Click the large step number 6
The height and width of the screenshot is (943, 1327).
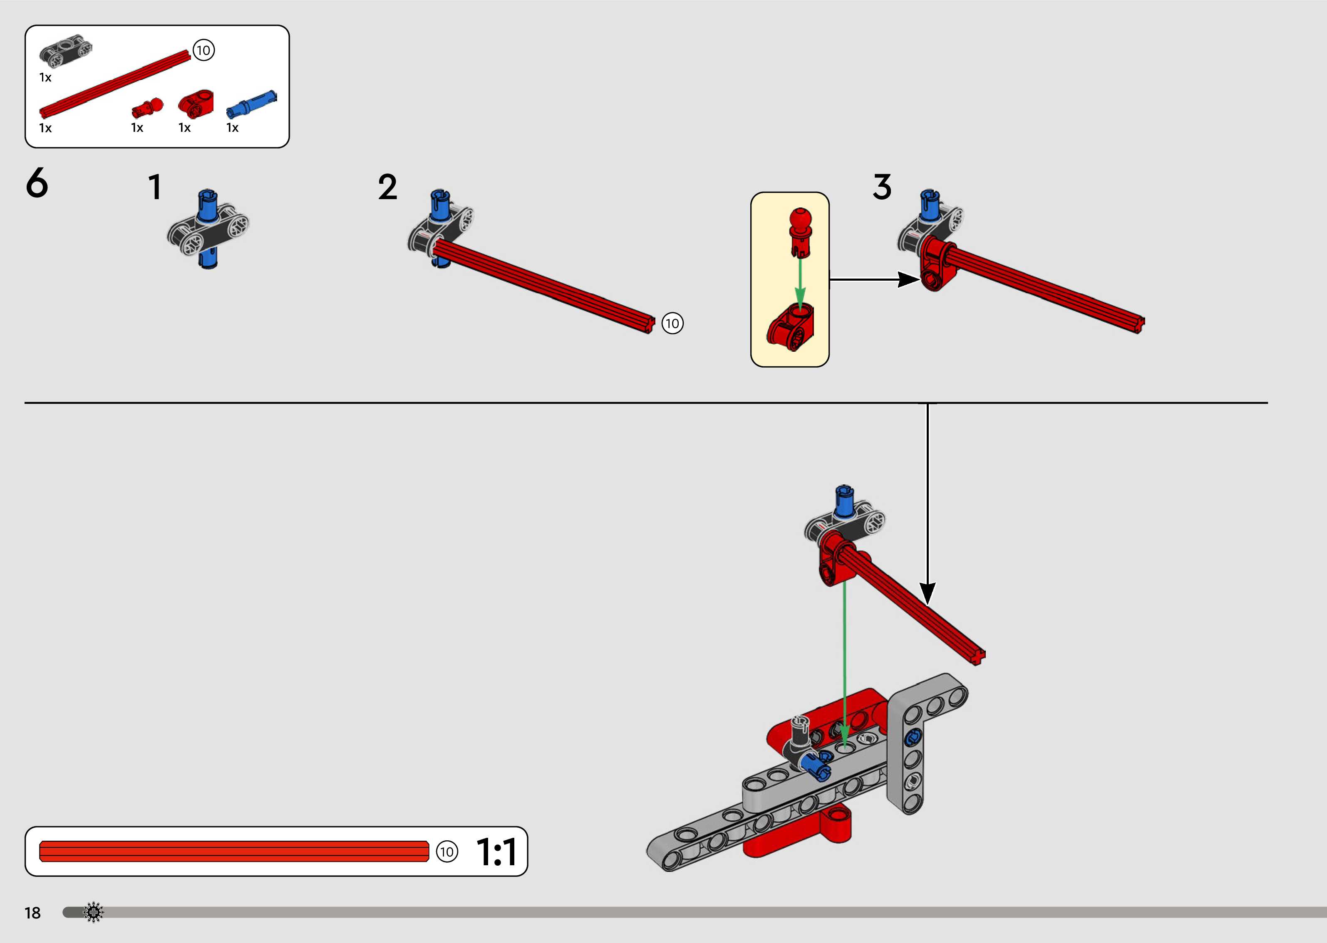pyautogui.click(x=37, y=183)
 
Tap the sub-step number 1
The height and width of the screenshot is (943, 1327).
pyautogui.click(x=154, y=188)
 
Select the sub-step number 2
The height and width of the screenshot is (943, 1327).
pyautogui.click(x=387, y=188)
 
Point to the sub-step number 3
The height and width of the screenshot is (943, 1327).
pyautogui.click(x=881, y=188)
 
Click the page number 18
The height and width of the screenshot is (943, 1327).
pyautogui.click(x=32, y=913)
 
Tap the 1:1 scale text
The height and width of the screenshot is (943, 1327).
pyautogui.click(x=496, y=852)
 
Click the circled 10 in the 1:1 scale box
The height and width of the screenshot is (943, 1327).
pyautogui.click(x=446, y=852)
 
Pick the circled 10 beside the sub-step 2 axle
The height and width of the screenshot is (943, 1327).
pyautogui.click(x=672, y=323)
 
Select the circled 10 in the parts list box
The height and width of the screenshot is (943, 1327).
pyautogui.click(x=203, y=51)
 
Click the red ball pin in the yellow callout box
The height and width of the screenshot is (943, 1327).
pyautogui.click(x=801, y=230)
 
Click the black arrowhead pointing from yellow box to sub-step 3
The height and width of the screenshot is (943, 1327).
pyautogui.click(x=908, y=280)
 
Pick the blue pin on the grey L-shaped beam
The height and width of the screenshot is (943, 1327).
pyautogui.click(x=912, y=738)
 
